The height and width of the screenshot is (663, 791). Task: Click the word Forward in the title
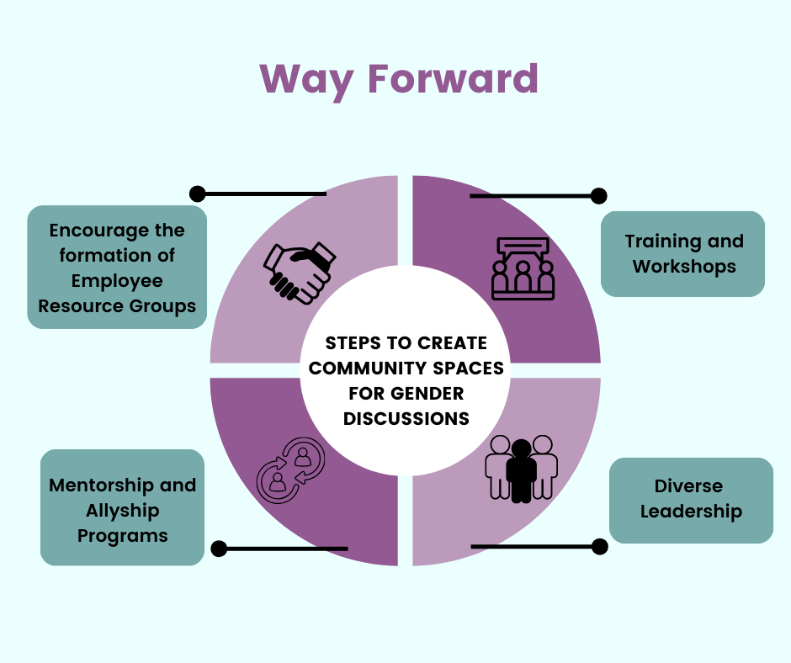point(453,79)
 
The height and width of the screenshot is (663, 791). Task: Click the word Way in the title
point(306,82)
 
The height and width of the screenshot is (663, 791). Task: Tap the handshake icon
point(300,273)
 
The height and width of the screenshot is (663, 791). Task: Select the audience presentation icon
point(523,268)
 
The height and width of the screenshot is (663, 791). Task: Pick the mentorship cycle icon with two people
point(291,470)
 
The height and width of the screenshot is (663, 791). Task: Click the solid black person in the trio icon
point(521,471)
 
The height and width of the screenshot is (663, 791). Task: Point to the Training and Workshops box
point(683,254)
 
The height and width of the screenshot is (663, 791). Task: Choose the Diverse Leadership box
point(691,500)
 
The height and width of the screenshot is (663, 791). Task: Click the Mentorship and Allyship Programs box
point(123,507)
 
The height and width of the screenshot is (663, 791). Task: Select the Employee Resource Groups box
point(117,267)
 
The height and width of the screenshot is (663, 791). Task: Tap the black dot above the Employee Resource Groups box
point(197,194)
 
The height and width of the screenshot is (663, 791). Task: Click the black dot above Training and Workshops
point(599,196)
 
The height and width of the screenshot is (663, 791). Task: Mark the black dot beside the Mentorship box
point(219,549)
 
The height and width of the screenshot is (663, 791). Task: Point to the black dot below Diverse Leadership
point(599,546)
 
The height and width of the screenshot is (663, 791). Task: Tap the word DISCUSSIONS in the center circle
point(406,419)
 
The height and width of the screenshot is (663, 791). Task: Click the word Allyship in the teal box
point(123,511)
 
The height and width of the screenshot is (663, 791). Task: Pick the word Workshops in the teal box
point(685,267)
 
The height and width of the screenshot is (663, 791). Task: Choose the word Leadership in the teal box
point(691,512)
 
